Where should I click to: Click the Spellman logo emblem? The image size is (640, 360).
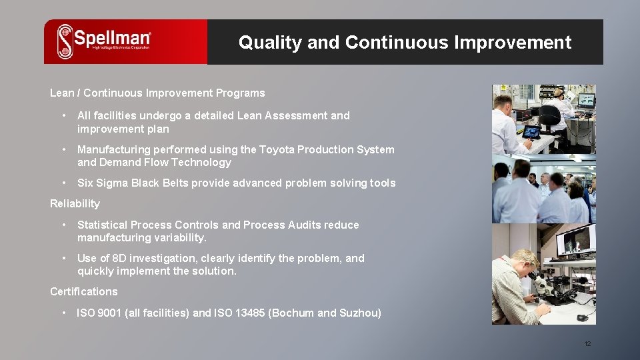click(x=65, y=41)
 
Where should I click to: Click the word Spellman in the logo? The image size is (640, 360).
click(x=112, y=38)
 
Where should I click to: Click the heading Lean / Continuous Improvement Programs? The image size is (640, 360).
click(x=157, y=93)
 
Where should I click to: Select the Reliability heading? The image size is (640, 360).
click(x=75, y=204)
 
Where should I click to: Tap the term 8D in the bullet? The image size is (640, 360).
click(x=119, y=259)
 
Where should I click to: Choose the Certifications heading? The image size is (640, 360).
click(x=83, y=292)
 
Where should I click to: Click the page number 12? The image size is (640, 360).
click(x=587, y=344)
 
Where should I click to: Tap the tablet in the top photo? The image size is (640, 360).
click(x=532, y=131)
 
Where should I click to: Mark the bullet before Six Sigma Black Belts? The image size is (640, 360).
click(x=63, y=183)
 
